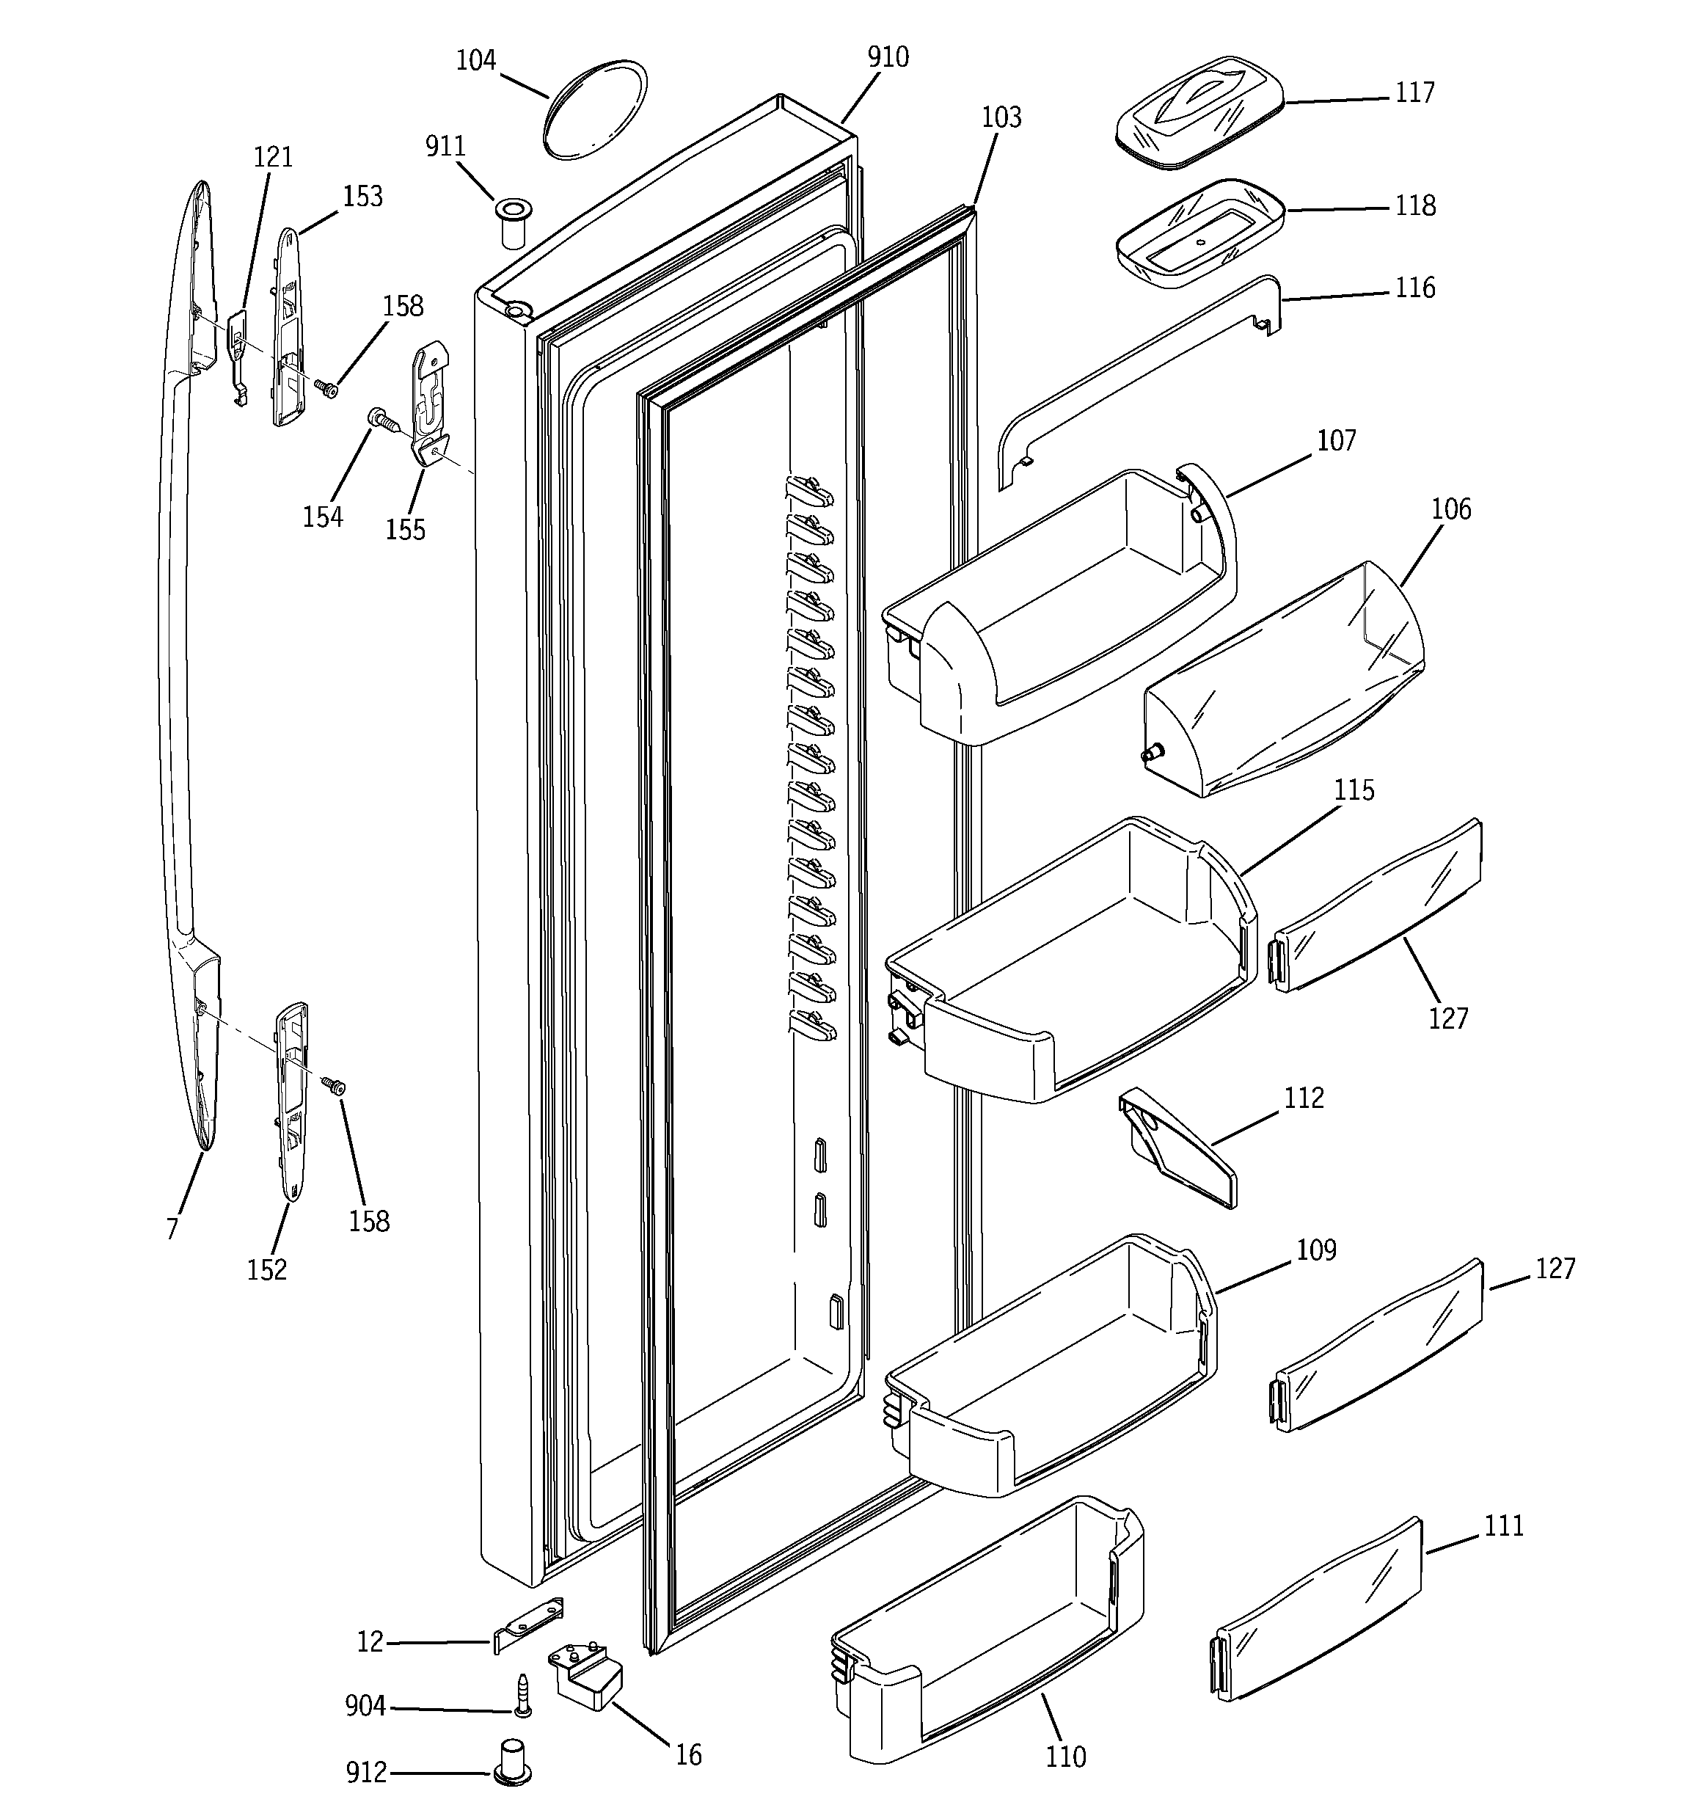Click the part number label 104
[x=475, y=60]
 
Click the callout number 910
[x=887, y=57]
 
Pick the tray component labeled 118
[x=1199, y=233]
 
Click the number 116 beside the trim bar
[x=1414, y=288]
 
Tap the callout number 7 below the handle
[x=172, y=1228]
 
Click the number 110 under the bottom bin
[x=1065, y=1756]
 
